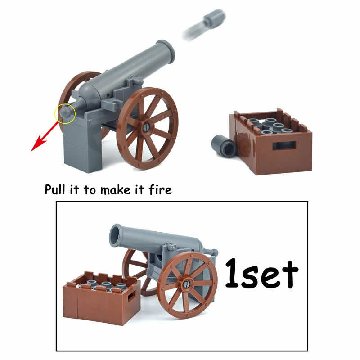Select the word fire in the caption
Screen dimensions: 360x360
pos(160,189)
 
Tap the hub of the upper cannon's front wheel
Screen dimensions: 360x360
pos(147,128)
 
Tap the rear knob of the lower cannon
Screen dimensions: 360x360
pos(214,253)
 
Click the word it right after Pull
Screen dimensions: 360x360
pos(74,189)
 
